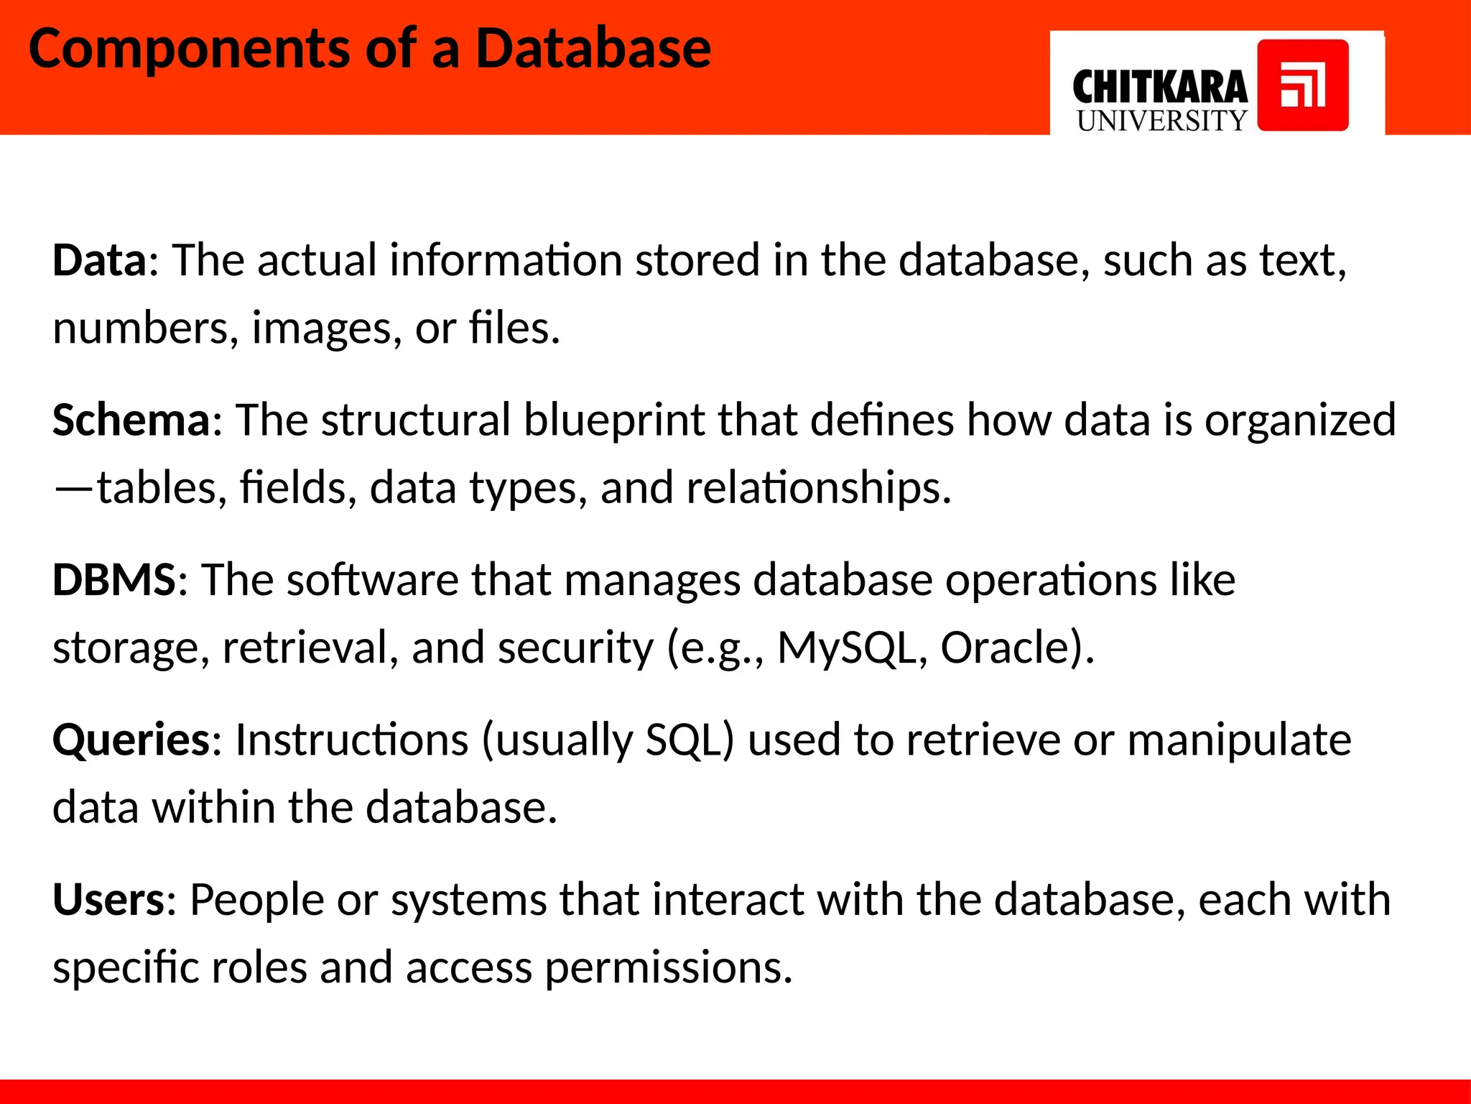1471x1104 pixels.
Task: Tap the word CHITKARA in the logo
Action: [1159, 88]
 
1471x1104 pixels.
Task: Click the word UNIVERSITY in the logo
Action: [1161, 121]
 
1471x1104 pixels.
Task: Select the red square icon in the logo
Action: [1302, 86]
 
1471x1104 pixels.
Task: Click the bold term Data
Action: [99, 259]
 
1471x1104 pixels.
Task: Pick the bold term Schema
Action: [131, 420]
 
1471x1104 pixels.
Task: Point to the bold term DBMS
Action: [113, 579]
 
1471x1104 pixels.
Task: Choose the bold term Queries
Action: [131, 740]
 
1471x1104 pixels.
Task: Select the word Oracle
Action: [1005, 648]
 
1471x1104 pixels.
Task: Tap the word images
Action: [320, 328]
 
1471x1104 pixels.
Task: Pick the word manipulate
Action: [1239, 740]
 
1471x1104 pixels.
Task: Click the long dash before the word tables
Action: [73, 489]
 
